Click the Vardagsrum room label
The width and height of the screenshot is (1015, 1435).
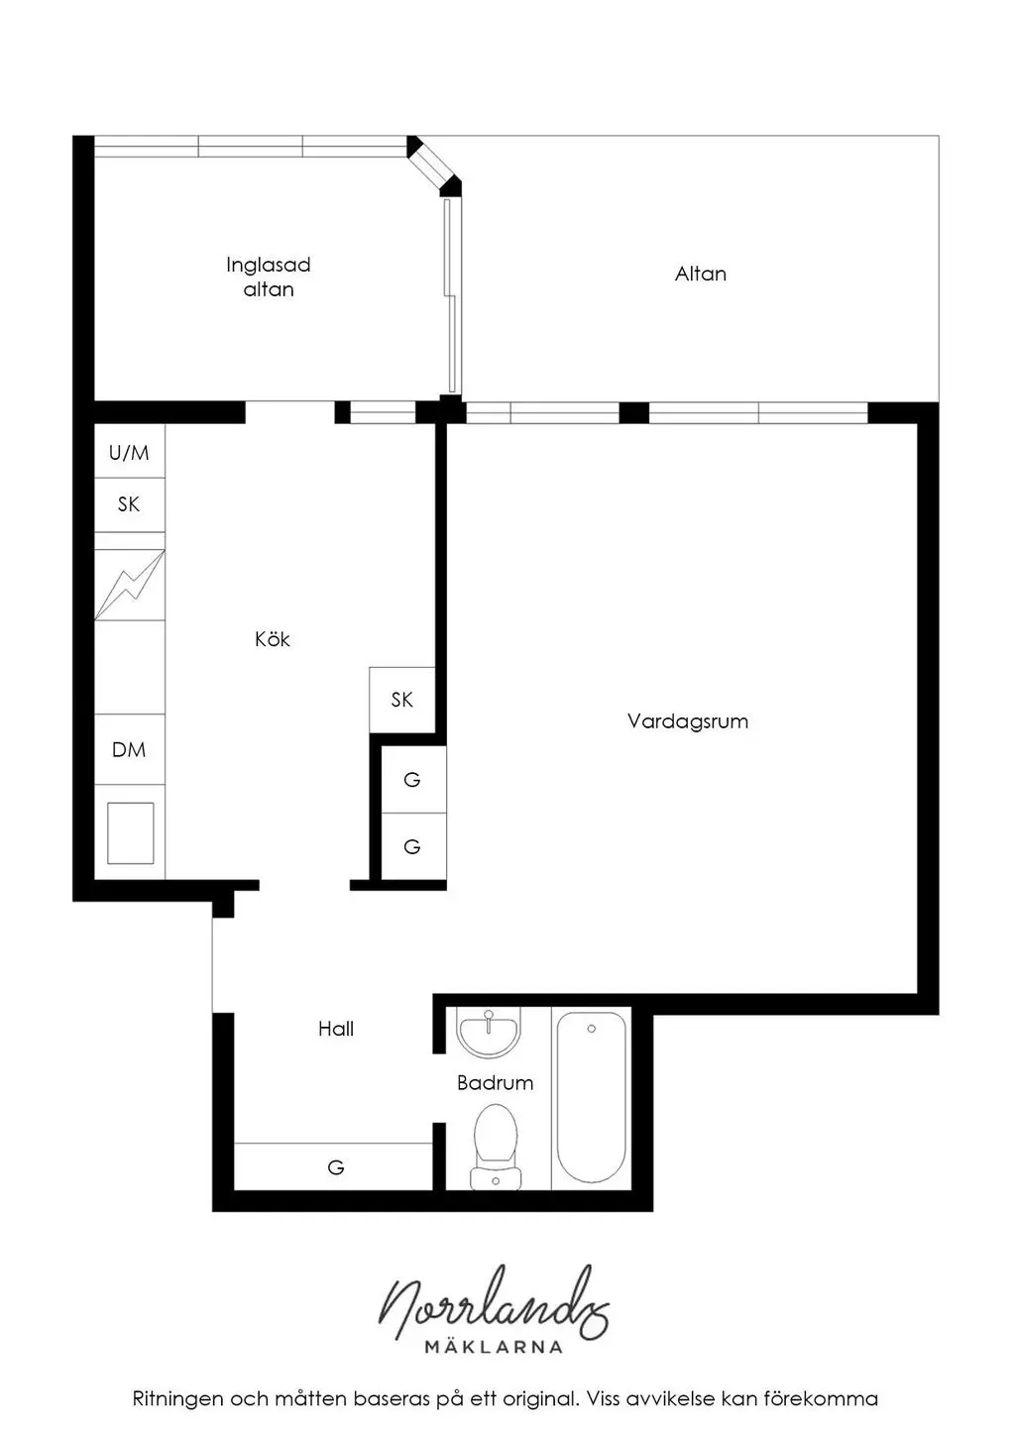pyautogui.click(x=688, y=721)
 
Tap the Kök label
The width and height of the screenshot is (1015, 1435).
pyautogui.click(x=273, y=638)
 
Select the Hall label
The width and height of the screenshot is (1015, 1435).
pyautogui.click(x=336, y=1029)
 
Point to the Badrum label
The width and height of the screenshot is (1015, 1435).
pyautogui.click(x=495, y=1082)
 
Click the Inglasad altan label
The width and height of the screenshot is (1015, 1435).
pyautogui.click(x=269, y=276)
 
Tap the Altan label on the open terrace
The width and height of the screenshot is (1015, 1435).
pyautogui.click(x=701, y=275)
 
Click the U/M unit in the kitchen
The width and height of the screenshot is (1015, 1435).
pyautogui.click(x=129, y=453)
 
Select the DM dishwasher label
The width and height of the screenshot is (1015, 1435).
pyautogui.click(x=129, y=749)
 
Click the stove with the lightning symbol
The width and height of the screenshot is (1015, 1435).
pyautogui.click(x=130, y=585)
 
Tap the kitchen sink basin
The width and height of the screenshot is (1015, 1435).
pyautogui.click(x=131, y=832)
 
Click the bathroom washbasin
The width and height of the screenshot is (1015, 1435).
pyautogui.click(x=489, y=1032)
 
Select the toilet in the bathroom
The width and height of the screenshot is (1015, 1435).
pyautogui.click(x=496, y=1147)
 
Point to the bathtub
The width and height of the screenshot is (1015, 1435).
pyautogui.click(x=591, y=1097)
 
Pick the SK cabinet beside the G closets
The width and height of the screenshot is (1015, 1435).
pyautogui.click(x=401, y=700)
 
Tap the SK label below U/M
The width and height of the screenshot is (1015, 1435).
pyautogui.click(x=129, y=504)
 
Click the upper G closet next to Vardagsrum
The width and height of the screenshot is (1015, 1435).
pyautogui.click(x=413, y=780)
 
